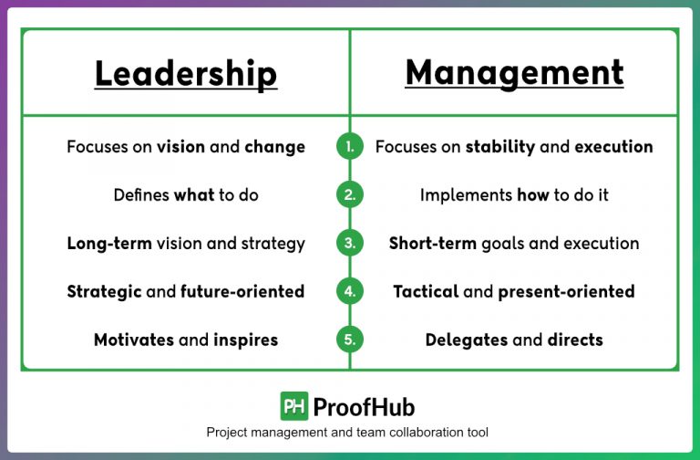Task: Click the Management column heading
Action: (514, 73)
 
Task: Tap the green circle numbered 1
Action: (350, 146)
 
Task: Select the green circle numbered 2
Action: (350, 194)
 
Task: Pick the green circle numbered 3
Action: (350, 244)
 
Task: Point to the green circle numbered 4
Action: (350, 292)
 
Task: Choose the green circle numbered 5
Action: (350, 340)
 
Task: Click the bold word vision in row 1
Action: (180, 146)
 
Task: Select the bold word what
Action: (194, 194)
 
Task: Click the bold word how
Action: (533, 194)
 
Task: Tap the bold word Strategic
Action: (104, 292)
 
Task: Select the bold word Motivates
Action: (133, 340)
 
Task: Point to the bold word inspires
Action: (246, 340)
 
